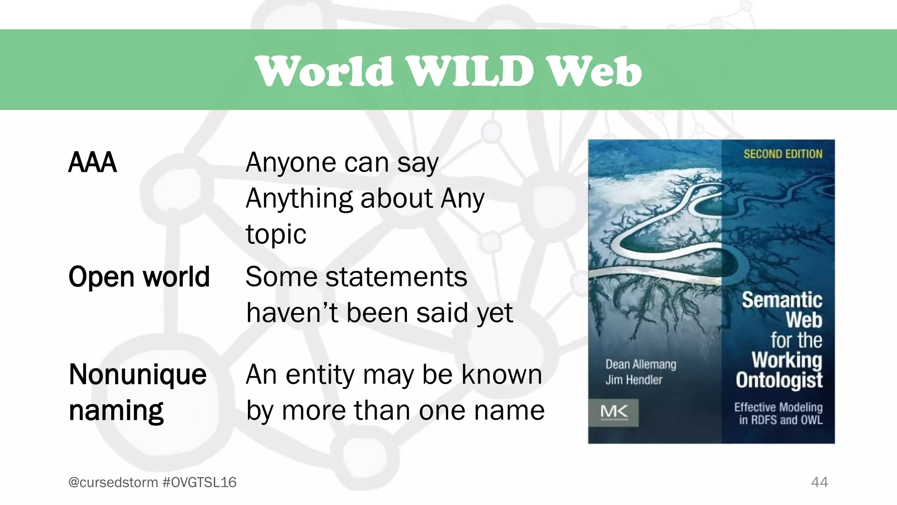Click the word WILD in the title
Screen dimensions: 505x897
pos(471,71)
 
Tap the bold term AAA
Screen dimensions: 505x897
pos(92,163)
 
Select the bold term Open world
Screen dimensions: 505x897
pos(139,277)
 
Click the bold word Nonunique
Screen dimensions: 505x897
pos(138,375)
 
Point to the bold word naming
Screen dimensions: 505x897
pos(116,411)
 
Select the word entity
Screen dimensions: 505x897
pos(321,375)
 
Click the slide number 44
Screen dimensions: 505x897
pos(819,482)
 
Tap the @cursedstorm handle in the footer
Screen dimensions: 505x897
pos(113,482)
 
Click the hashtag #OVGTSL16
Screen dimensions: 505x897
pos(199,482)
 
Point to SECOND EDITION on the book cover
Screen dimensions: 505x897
pos(783,154)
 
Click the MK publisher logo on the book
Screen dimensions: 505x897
pos(614,412)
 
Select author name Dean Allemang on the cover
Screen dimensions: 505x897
pos(641,364)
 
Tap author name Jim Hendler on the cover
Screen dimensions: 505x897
pos(634,380)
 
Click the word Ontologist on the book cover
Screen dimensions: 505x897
pos(779,380)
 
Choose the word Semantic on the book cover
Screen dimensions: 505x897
pos(782,300)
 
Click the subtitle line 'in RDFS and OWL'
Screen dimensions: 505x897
pos(780,420)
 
